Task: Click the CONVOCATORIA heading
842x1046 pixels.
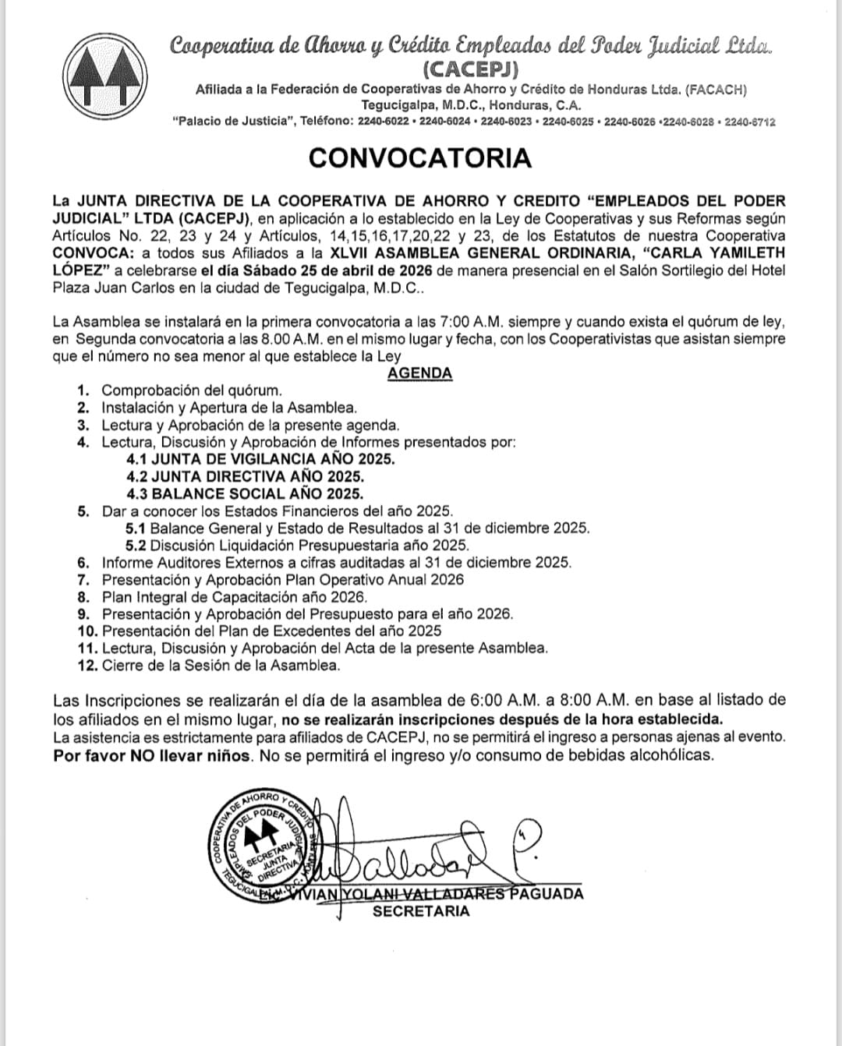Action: click(x=419, y=158)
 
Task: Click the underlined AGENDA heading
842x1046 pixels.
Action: click(x=419, y=373)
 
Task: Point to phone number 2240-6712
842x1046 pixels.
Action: click(x=749, y=122)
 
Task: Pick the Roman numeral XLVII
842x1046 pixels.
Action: click(x=357, y=253)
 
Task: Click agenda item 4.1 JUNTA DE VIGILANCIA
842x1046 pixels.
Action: click(x=261, y=459)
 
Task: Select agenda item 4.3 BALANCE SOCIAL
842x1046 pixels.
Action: click(x=245, y=493)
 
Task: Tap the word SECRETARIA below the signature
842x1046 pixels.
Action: click(x=421, y=910)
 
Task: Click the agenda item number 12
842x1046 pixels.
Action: click(x=87, y=666)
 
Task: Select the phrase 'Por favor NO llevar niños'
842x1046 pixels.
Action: click(x=153, y=754)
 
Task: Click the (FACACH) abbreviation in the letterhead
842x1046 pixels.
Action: click(x=716, y=90)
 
